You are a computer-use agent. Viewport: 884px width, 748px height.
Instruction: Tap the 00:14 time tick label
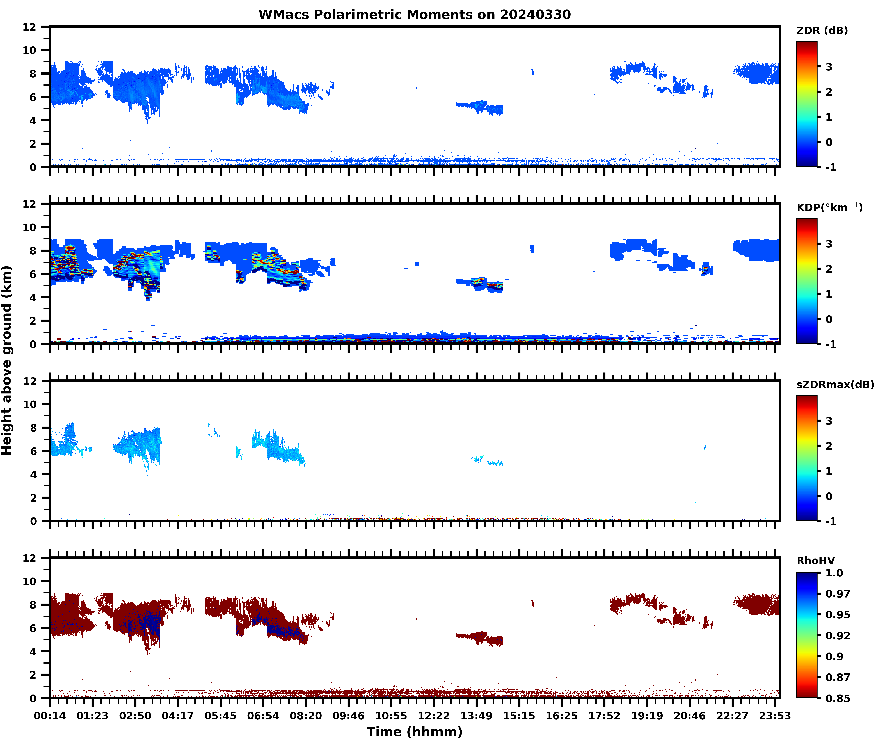50,716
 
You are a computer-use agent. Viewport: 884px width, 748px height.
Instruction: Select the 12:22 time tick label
434,716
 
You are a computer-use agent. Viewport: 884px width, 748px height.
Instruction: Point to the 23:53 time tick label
775,716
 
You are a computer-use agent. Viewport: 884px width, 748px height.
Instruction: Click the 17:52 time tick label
604,716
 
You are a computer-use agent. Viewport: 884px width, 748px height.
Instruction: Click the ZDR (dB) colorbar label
822,31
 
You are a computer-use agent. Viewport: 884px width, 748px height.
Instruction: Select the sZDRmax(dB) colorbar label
835,385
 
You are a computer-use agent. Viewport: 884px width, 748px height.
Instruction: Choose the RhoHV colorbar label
815,561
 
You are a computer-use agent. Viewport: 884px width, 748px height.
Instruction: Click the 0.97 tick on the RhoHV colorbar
837,594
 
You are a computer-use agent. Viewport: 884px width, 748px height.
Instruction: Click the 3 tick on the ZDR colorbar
829,67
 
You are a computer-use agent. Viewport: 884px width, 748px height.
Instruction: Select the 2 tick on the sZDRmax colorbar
829,446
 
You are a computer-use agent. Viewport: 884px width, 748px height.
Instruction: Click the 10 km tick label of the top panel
30,50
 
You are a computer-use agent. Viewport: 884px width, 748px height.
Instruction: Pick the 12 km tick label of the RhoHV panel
30,558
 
